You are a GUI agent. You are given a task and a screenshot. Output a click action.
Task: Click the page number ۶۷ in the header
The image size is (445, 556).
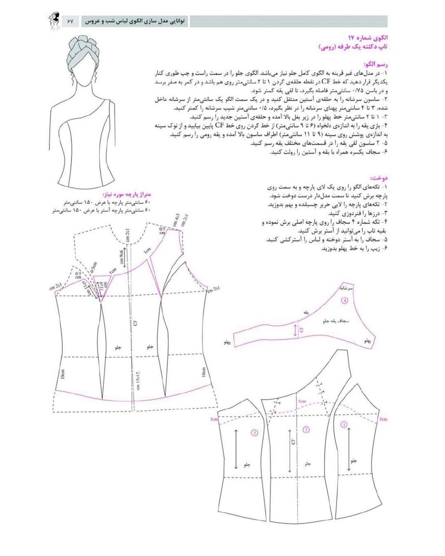point(71,20)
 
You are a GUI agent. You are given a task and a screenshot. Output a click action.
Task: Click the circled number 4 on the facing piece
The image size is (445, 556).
point(345,300)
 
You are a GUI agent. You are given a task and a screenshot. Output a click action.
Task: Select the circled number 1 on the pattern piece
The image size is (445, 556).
point(344,424)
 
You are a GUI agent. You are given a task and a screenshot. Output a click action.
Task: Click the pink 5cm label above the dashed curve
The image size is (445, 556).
point(302,401)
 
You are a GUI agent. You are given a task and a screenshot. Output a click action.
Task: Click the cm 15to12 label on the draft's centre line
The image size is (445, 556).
point(137,381)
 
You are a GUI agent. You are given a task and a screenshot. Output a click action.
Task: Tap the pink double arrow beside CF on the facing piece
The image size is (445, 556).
point(296,330)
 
